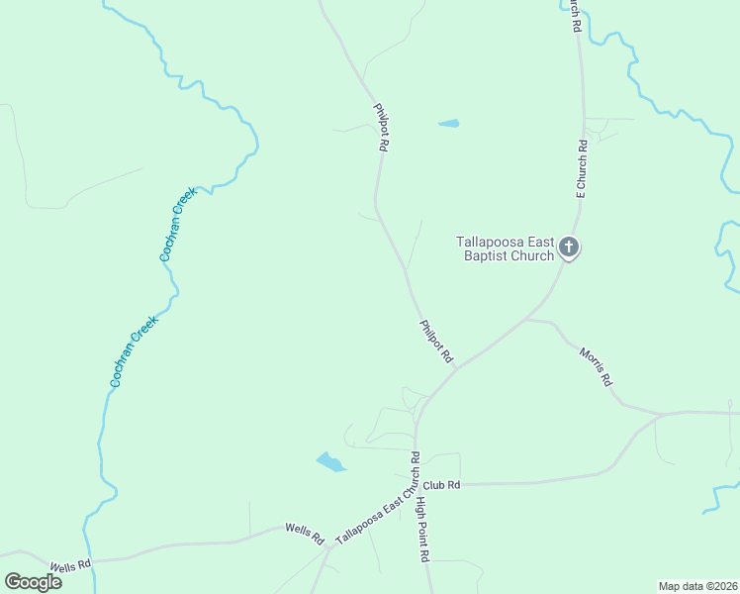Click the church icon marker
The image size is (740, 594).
(569, 247)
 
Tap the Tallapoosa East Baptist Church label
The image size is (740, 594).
(505, 248)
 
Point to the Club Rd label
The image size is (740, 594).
(442, 485)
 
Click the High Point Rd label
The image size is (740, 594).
(422, 530)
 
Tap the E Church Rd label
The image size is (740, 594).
(583, 168)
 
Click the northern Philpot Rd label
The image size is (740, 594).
(380, 127)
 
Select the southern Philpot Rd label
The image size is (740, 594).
(435, 341)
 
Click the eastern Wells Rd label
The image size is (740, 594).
(305, 536)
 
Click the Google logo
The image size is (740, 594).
(33, 581)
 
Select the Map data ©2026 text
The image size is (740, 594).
(697, 586)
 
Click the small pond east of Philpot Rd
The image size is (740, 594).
(449, 124)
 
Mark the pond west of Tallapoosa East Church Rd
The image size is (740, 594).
(330, 461)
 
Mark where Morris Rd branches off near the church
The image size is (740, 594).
(526, 320)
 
